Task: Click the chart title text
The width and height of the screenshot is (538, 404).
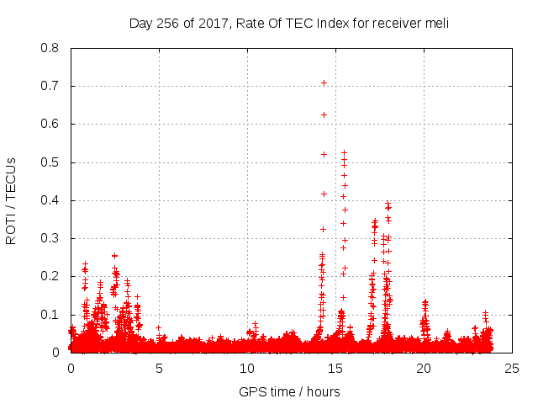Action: pyautogui.click(x=289, y=23)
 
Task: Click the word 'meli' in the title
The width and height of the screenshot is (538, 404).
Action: pyautogui.click(x=436, y=23)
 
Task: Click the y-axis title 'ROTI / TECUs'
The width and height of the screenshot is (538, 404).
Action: pyautogui.click(x=11, y=200)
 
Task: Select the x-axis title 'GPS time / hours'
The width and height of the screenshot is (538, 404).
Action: pyautogui.click(x=289, y=391)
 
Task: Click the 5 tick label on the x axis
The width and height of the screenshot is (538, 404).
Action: pyautogui.click(x=159, y=369)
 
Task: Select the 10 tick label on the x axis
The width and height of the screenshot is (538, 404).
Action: pyautogui.click(x=247, y=369)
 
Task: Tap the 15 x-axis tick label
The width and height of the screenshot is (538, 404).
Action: pyautogui.click(x=335, y=369)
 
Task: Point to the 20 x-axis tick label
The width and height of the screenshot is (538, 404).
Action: pyautogui.click(x=424, y=369)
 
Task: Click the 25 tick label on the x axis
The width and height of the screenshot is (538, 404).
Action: pyautogui.click(x=512, y=369)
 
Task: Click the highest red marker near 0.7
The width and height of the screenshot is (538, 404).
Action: pyautogui.click(x=324, y=82)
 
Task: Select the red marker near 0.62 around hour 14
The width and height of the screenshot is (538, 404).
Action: pyautogui.click(x=324, y=114)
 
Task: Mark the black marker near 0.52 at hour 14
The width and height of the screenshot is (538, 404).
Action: pyautogui.click(x=324, y=154)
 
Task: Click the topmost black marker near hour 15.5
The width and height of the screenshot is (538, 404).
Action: pyautogui.click(x=344, y=153)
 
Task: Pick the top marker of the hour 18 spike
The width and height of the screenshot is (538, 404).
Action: pyautogui.click(x=388, y=203)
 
